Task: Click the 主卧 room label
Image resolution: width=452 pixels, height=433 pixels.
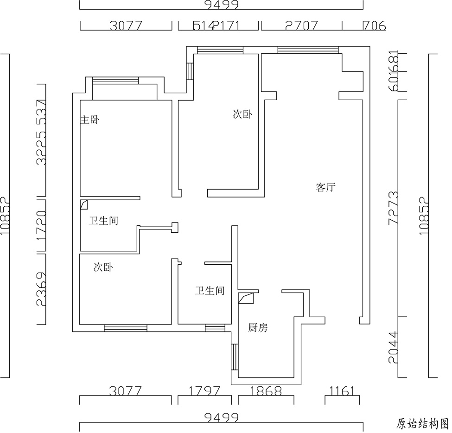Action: (x=90, y=120)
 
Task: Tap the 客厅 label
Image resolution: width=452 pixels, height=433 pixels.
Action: (x=325, y=188)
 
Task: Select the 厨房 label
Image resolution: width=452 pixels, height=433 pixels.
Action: (x=258, y=328)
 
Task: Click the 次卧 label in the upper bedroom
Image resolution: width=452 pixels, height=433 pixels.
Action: (x=242, y=114)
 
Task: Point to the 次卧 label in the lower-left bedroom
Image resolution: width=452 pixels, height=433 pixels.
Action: (x=103, y=267)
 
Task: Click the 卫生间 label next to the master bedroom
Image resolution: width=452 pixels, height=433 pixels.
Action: (x=103, y=221)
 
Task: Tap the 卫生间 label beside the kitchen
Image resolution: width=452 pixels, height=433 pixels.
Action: (x=210, y=291)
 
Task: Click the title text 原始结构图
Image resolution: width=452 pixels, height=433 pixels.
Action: (x=422, y=423)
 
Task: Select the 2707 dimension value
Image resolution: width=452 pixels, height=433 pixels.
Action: (x=301, y=25)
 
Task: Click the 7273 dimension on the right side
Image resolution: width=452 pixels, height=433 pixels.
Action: (x=393, y=207)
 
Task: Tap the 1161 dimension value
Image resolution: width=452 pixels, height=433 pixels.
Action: (x=342, y=391)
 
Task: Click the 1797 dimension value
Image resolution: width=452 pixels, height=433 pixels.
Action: (x=204, y=391)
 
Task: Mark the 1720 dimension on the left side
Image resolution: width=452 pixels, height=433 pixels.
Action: (x=41, y=226)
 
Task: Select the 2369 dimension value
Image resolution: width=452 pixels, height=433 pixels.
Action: (x=41, y=289)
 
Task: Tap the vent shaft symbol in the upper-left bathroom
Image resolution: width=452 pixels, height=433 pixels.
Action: (x=84, y=204)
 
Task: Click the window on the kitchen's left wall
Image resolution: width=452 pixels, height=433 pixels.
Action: (x=235, y=357)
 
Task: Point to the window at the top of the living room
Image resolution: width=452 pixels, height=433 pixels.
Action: (x=308, y=50)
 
